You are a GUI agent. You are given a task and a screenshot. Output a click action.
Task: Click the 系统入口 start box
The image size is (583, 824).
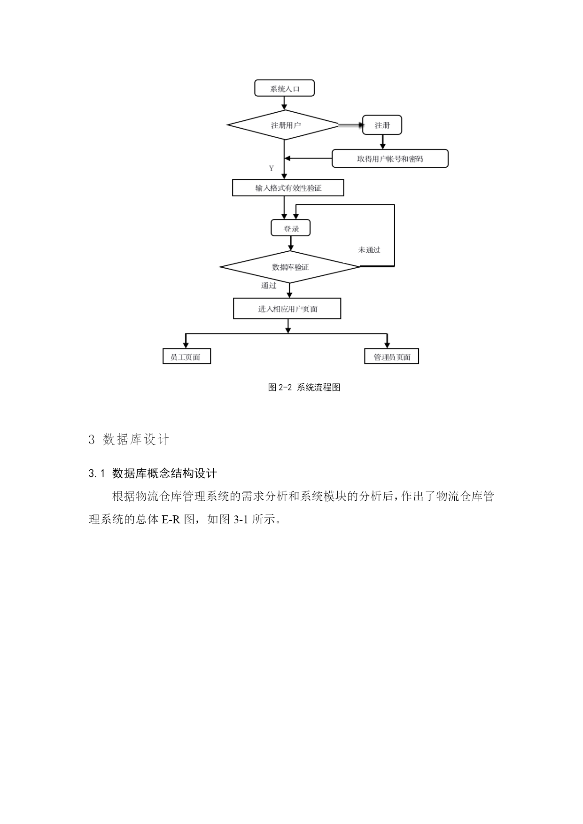pos(284,88)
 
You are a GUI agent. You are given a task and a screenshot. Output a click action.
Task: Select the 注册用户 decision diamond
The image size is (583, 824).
pos(283,125)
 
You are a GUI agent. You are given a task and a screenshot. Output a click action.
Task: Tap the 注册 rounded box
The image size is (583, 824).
pos(382,125)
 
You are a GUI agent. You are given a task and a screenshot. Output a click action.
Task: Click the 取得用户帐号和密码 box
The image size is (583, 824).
pos(390,159)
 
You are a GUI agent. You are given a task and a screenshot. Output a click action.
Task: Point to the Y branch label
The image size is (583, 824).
pos(271,168)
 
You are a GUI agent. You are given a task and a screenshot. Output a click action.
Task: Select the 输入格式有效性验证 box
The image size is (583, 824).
pos(288,188)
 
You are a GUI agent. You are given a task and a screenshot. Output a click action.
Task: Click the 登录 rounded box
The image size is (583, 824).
pos(291,228)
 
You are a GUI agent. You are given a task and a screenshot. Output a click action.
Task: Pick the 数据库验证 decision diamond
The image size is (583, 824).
pos(290,267)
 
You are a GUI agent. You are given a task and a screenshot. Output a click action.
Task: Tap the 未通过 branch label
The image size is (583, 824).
pos(369,250)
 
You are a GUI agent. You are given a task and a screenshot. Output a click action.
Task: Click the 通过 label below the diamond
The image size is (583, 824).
pos(269,286)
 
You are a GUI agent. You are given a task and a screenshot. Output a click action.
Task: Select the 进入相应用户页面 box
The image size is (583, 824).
pos(287,309)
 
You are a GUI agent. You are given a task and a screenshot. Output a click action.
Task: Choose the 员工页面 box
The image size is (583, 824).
pos(187,357)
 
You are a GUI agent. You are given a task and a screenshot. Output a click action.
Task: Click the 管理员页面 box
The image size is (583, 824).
pos(392,357)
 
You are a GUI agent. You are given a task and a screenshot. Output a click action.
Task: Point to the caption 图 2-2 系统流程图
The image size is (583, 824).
pos(304,388)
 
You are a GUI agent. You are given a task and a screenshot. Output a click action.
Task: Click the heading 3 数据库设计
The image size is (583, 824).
pos(129,440)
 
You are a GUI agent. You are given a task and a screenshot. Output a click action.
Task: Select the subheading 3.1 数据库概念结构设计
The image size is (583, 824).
pos(153,473)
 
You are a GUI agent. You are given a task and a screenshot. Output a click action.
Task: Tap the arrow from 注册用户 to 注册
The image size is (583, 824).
pos(351,125)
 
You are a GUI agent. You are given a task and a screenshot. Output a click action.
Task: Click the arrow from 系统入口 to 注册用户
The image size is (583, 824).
pos(284,103)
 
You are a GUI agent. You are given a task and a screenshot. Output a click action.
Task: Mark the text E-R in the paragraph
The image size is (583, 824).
pos(171,520)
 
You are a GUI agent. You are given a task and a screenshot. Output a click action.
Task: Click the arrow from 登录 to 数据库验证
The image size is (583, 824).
pos(291,243)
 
